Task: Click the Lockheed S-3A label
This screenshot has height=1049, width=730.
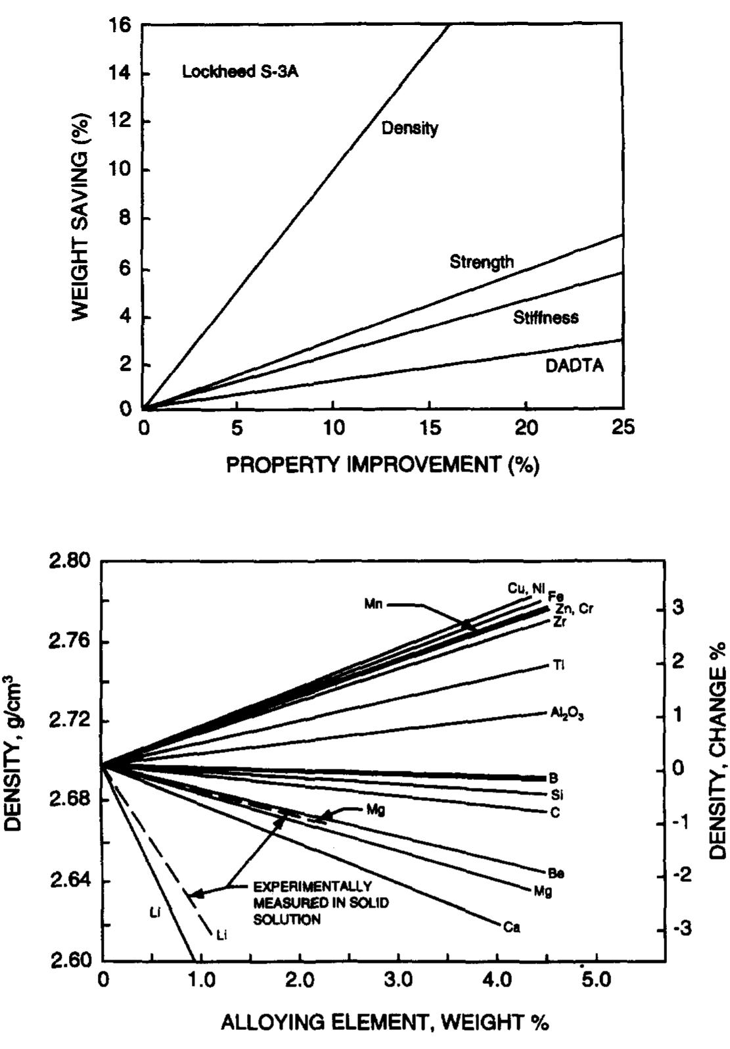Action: click(x=240, y=72)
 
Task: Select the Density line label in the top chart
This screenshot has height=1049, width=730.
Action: click(x=409, y=128)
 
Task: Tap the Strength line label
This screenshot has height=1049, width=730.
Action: click(x=482, y=262)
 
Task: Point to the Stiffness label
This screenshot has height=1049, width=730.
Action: click(x=545, y=318)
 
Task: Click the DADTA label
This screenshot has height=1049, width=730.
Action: click(x=574, y=366)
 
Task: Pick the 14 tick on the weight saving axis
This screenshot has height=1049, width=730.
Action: click(x=122, y=74)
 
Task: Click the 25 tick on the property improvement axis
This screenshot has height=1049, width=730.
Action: click(x=623, y=428)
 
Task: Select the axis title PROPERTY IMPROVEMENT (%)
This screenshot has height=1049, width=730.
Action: click(x=383, y=465)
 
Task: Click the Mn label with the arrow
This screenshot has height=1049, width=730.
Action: click(x=373, y=604)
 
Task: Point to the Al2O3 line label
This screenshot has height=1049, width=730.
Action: click(x=567, y=713)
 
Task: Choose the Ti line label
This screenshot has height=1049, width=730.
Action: click(x=559, y=666)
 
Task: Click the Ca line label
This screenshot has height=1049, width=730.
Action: click(x=511, y=928)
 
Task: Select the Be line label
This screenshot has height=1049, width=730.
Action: click(x=556, y=873)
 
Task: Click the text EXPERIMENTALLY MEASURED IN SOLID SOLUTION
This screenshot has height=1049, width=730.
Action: click(x=320, y=903)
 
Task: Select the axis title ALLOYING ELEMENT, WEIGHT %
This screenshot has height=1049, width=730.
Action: click(x=384, y=1023)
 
